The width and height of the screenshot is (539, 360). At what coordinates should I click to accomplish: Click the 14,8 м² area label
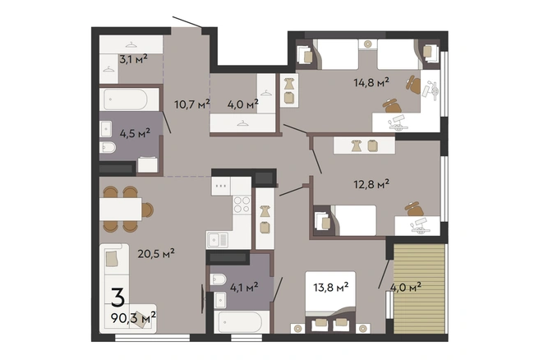pos(371,82)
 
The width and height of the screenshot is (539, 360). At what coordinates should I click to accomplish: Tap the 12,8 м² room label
pos(371,184)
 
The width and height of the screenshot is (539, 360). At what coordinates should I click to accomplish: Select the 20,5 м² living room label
pos(156,254)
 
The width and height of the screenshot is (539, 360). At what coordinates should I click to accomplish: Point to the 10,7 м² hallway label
pos(192,104)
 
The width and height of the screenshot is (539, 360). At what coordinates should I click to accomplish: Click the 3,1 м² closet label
pos(133,59)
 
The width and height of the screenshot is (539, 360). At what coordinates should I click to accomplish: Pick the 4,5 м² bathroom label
pos(135,133)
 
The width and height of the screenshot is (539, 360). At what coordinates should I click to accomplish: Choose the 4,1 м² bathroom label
pos(244,287)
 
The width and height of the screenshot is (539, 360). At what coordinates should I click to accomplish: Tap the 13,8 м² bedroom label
pos(331,287)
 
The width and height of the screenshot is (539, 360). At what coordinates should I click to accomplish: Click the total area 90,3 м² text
pos(133,317)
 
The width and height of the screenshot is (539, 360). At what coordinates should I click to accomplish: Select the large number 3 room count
pos(118,298)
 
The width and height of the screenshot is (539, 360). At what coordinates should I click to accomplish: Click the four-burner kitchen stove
pos(242,204)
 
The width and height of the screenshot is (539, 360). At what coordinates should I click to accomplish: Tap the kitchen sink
pos(217,240)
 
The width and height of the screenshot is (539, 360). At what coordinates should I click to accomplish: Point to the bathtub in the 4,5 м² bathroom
pos(129,99)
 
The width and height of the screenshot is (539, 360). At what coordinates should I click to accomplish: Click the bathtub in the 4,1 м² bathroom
pos(242,322)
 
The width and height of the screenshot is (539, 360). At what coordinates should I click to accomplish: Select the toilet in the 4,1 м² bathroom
pos(217,279)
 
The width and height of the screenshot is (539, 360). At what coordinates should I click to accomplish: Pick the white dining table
pos(121,209)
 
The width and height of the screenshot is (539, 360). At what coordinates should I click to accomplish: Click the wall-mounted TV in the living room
pos(203,298)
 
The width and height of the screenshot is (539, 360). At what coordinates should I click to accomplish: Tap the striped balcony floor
pos(419,288)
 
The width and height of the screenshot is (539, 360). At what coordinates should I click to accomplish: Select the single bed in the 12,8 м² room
pos(353,220)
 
